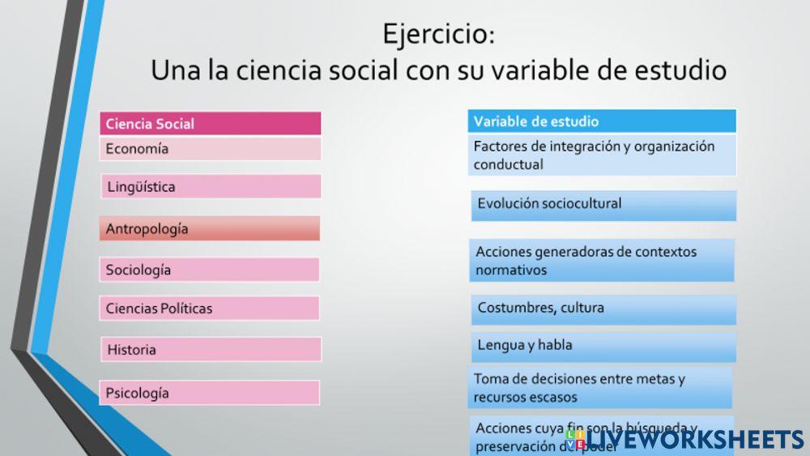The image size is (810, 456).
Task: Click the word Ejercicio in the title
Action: click(x=433, y=35)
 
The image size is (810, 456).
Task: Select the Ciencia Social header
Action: click(x=210, y=124)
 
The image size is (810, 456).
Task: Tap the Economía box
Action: click(x=210, y=149)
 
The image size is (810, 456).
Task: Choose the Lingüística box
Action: click(x=210, y=187)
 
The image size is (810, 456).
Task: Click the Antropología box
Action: click(x=210, y=228)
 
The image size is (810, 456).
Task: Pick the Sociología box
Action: click(x=210, y=270)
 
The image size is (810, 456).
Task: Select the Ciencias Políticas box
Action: click(x=210, y=309)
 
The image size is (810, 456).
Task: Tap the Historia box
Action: click(x=210, y=350)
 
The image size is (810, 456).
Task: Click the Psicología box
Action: click(x=210, y=393)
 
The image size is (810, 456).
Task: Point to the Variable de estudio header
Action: click(x=602, y=121)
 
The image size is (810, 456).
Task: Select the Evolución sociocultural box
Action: click(x=603, y=205)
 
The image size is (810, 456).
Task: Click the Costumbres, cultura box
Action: click(x=603, y=309)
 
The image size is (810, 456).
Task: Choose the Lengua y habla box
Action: click(x=603, y=346)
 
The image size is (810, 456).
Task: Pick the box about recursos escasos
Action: click(x=600, y=388)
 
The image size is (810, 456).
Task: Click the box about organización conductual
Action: click(x=602, y=156)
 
